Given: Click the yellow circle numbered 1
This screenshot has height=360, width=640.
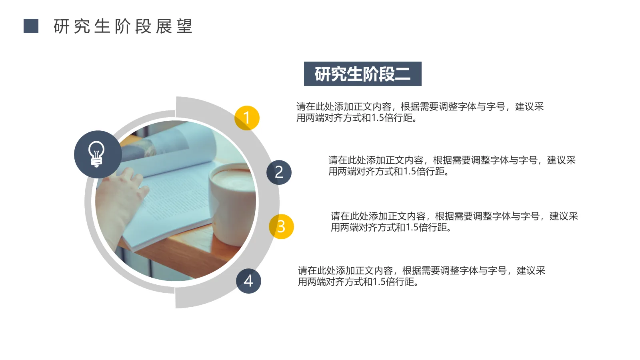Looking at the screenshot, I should (247, 118).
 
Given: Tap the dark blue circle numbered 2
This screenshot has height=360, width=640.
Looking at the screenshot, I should (279, 172).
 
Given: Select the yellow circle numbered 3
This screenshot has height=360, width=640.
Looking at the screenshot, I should (281, 227).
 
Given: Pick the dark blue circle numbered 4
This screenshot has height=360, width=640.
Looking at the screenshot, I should (248, 281).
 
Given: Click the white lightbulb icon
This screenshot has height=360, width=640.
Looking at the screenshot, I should (97, 154).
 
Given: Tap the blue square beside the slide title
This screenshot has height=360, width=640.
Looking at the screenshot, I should (31, 26).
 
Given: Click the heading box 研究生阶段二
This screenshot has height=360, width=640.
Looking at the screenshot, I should (362, 74).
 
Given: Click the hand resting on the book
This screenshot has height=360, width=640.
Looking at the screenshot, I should (120, 200).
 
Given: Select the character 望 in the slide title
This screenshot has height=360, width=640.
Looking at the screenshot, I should (184, 26).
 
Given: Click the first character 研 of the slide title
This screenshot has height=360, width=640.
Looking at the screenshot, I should (62, 26).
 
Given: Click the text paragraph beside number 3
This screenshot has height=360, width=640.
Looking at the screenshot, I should (454, 222).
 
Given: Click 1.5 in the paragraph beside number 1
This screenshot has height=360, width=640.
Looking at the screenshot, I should (378, 118).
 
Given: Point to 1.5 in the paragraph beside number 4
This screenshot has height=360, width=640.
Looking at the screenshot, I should (379, 282).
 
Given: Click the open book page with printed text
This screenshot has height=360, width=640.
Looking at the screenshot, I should (176, 196).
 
